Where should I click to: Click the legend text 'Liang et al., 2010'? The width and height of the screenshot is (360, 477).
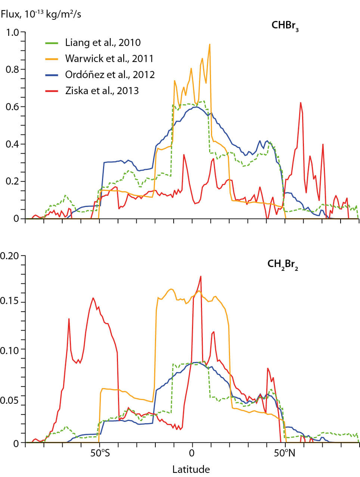[x=103, y=43]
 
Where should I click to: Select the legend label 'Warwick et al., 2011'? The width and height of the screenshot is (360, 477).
[x=109, y=59]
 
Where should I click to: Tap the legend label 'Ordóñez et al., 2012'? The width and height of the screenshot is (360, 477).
[x=110, y=75]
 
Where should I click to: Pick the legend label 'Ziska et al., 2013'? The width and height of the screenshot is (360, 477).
[x=102, y=91]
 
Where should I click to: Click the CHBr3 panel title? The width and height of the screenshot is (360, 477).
[x=285, y=26]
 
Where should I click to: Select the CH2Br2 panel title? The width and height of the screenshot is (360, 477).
[x=283, y=264]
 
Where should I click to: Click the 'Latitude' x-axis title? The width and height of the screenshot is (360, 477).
[x=191, y=469]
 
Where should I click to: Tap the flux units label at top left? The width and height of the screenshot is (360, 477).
[x=41, y=15]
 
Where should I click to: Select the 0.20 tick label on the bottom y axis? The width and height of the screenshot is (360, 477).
[x=10, y=256]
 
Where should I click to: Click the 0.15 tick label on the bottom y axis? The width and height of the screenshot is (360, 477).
[x=10, y=303]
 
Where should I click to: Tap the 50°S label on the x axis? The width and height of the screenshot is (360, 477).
[x=99, y=453]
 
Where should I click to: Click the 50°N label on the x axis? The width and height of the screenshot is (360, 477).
[x=285, y=453]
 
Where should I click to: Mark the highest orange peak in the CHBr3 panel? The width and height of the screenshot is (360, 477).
[x=210, y=44]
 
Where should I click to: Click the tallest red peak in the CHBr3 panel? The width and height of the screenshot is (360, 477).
[x=300, y=103]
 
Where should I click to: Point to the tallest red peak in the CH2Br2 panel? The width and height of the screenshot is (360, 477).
[x=201, y=276]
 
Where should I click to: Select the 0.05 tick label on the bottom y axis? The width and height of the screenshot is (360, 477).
[x=10, y=400]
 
